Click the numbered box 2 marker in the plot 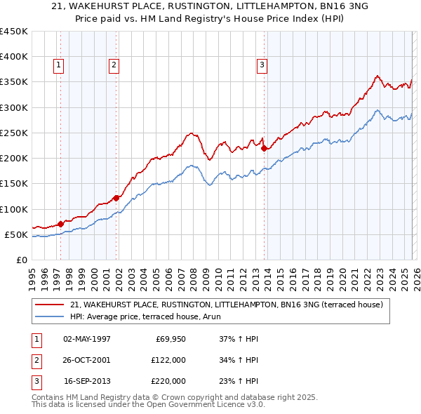[114, 65]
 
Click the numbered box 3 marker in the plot [262, 65]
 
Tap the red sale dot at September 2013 [264, 148]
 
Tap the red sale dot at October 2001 [116, 198]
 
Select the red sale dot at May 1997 [61, 224]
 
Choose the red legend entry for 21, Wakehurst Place [226, 305]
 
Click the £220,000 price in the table [168, 381]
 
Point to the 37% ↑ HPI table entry [239, 339]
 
